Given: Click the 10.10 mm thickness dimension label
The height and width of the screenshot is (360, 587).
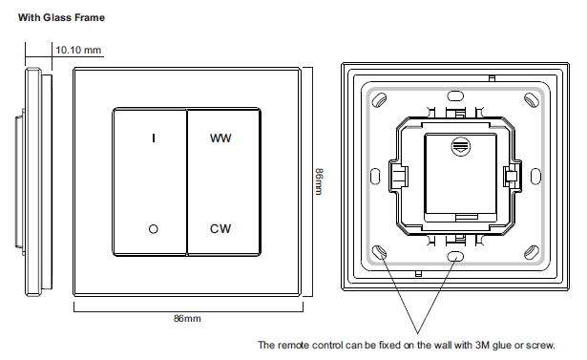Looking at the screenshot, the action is click(x=78, y=50).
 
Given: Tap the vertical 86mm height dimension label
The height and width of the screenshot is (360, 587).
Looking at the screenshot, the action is click(x=319, y=181).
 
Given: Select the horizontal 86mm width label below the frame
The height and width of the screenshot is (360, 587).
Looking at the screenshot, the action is click(x=187, y=318).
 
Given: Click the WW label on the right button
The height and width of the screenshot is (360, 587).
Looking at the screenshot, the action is click(x=220, y=138).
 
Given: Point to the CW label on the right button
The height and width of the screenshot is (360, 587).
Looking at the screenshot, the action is click(x=220, y=228).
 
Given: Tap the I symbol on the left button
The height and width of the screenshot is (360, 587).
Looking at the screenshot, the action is click(x=154, y=138).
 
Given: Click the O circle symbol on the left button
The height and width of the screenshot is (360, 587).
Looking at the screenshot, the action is click(x=153, y=229).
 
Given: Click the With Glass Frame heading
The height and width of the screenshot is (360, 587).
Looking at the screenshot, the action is click(x=61, y=17).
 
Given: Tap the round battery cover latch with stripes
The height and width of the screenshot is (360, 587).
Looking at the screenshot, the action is click(x=460, y=146).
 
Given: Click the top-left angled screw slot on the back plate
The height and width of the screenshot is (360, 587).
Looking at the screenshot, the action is click(x=379, y=99).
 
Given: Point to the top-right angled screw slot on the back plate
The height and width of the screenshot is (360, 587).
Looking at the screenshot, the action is click(x=532, y=99).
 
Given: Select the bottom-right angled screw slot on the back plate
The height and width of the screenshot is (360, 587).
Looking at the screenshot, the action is click(x=532, y=252).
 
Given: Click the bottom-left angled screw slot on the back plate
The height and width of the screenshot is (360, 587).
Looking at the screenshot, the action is click(x=379, y=252).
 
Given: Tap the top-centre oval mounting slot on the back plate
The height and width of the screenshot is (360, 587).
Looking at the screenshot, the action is click(x=455, y=95).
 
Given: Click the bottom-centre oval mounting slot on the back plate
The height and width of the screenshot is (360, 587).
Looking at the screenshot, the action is click(x=455, y=257).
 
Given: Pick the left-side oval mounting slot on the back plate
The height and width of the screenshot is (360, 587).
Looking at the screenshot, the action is click(x=375, y=176).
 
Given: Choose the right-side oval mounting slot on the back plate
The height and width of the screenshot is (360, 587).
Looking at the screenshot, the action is click(x=535, y=176).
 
